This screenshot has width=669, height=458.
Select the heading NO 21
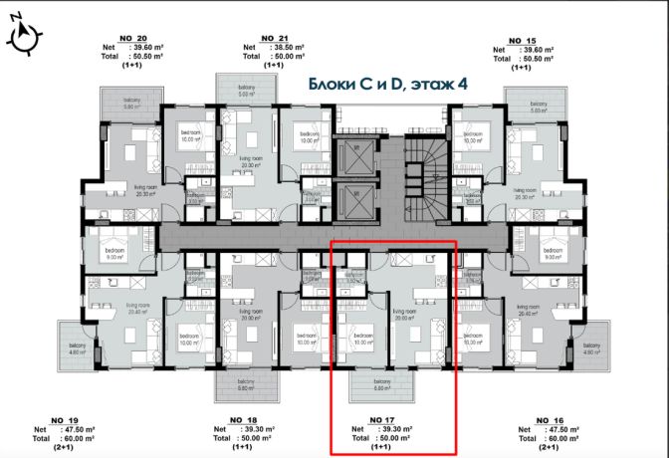point(268,38)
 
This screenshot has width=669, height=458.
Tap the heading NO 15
point(515,41)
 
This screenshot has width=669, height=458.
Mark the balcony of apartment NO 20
point(132,105)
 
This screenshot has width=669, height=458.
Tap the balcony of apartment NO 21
point(246,93)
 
